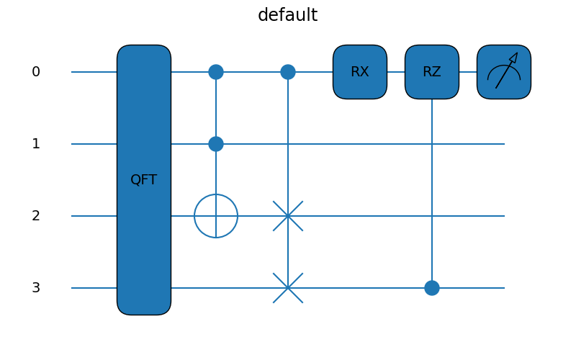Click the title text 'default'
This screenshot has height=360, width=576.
pyautogui.click(x=287, y=15)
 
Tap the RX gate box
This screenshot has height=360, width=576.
pyautogui.click(x=360, y=72)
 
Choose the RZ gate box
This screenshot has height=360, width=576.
pyautogui.click(x=432, y=72)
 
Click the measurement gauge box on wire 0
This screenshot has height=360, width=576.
pyautogui.click(x=504, y=72)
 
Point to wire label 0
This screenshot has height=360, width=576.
pyautogui.click(x=36, y=72)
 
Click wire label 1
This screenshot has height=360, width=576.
pyautogui.click(x=36, y=144)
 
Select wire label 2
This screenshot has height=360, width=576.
pyautogui.click(x=36, y=216)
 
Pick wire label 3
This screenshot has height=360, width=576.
pyautogui.click(x=36, y=288)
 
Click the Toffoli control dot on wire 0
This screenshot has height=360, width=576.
pyautogui.click(x=216, y=72)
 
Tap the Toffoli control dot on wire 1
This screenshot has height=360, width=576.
pyautogui.click(x=216, y=144)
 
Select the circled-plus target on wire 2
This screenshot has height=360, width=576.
pyautogui.click(x=216, y=216)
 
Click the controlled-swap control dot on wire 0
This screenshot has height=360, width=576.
pyautogui.click(x=288, y=72)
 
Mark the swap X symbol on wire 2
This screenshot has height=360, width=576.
pyautogui.click(x=288, y=216)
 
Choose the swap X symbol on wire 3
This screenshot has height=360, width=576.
pyautogui.click(x=288, y=288)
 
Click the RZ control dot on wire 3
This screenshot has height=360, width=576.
pyautogui.click(x=432, y=288)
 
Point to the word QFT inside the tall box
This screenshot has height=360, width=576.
pyautogui.click(x=144, y=180)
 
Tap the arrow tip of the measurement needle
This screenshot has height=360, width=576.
pyautogui.click(x=516, y=55)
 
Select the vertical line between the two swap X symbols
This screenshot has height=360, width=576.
pyautogui.click(x=288, y=252)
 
